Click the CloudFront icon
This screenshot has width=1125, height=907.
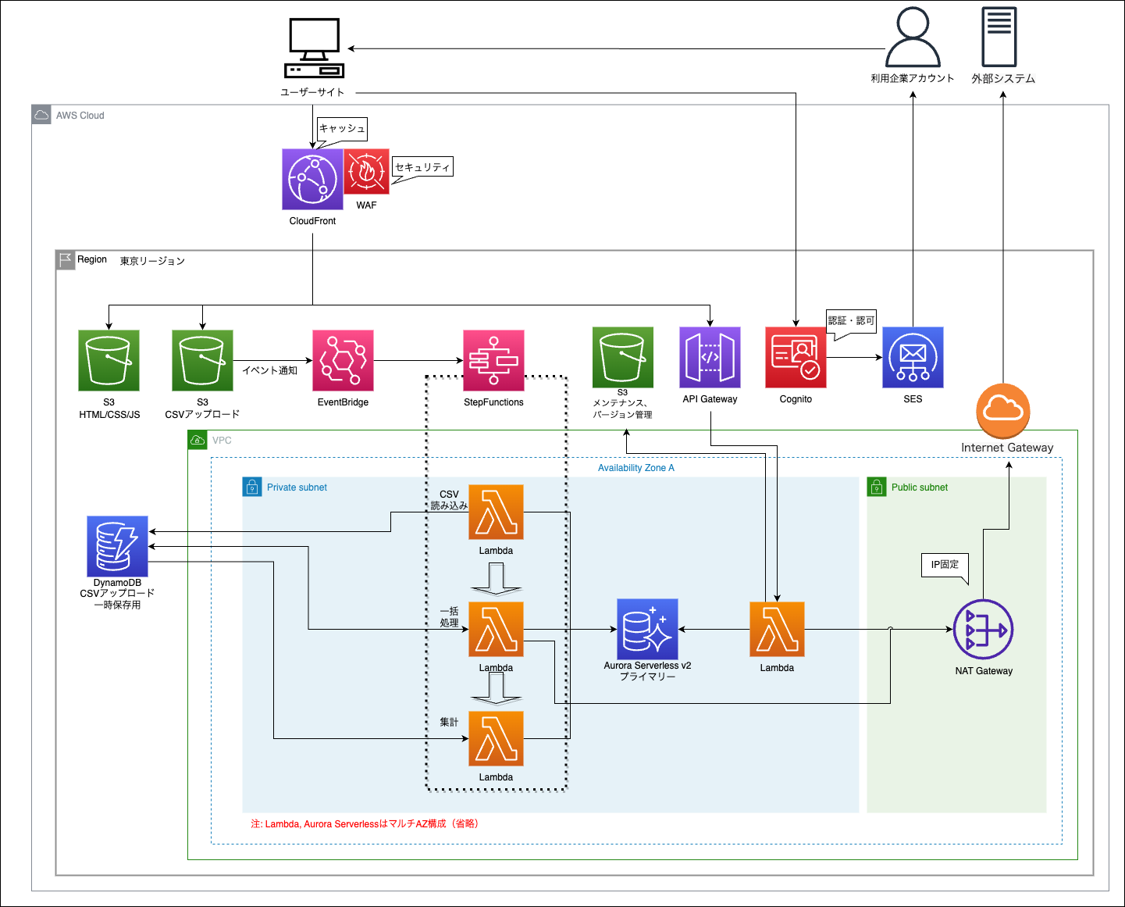pos(312,180)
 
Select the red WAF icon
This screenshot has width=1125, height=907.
pos(366,172)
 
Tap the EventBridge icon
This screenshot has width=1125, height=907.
pos(343,360)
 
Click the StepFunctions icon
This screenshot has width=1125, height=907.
pos(493,360)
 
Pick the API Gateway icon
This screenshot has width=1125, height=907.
pos(710,357)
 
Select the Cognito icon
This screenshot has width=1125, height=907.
pos(796,357)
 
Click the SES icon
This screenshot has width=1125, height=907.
pos(913,357)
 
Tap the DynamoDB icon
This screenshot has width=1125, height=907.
pos(117,545)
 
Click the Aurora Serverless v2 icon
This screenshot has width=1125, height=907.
pos(647,630)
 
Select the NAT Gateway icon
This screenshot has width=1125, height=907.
pos(984,630)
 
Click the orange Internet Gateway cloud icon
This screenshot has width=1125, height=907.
pos(1003,410)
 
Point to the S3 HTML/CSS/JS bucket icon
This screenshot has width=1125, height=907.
pos(109,360)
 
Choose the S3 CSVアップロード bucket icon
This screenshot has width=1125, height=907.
pos(202,360)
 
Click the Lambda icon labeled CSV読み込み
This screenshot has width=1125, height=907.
pos(496,512)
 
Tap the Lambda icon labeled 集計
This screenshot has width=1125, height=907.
pos(496,738)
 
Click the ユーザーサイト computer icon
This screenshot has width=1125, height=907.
pos(314,48)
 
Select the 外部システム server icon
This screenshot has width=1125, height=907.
pos(999,37)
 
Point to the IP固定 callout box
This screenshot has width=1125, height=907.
pos(945,565)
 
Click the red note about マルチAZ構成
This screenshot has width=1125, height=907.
pos(365,823)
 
